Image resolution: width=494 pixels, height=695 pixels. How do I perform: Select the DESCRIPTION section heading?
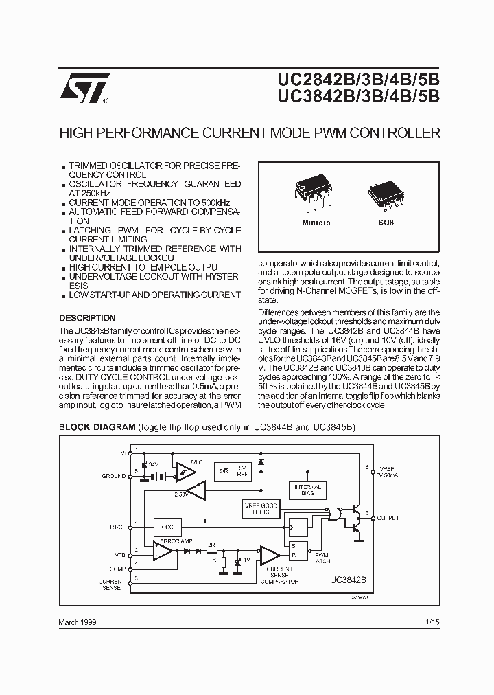[x=87, y=319]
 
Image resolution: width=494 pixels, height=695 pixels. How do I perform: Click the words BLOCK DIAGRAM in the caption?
[x=97, y=426]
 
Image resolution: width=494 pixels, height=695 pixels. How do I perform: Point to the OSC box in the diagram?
[x=167, y=527]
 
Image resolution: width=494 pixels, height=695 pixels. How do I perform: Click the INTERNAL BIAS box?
[x=308, y=490]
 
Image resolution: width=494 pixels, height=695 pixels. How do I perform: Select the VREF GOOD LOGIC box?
[x=261, y=508]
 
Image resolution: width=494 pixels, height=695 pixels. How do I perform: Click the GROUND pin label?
[x=114, y=475]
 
